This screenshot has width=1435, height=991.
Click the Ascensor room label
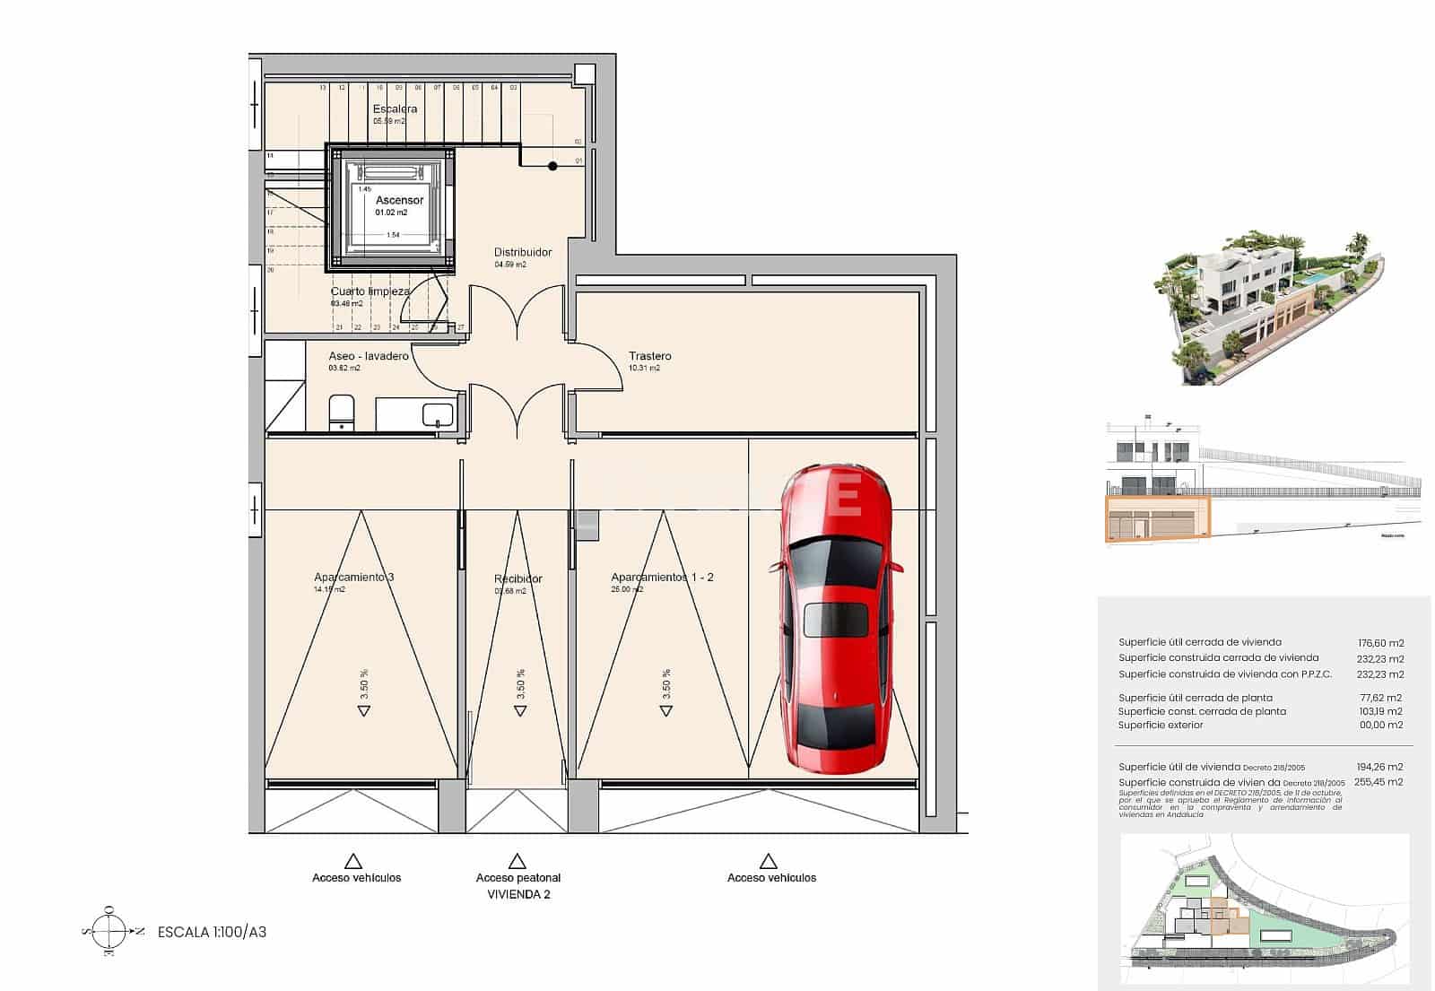click(x=399, y=200)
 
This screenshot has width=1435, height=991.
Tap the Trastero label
click(x=649, y=356)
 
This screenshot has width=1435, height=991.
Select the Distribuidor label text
click(x=523, y=252)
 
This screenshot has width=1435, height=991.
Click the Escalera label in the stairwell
click(x=395, y=109)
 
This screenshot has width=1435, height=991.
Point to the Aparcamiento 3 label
click(x=353, y=578)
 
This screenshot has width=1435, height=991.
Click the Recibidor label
click(x=518, y=579)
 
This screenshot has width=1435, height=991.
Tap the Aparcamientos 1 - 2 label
click(x=662, y=578)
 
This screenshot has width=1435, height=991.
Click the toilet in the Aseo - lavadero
click(x=342, y=412)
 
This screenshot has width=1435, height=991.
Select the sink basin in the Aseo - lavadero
click(x=438, y=415)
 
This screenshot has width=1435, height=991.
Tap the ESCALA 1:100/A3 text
click(x=212, y=932)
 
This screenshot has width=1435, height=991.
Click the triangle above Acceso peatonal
click(x=517, y=862)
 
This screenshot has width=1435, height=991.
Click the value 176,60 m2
click(x=1380, y=643)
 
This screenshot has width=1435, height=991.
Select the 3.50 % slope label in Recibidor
click(x=521, y=683)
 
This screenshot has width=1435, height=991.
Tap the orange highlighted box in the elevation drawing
click(x=1157, y=519)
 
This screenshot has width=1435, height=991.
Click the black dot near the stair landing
click(x=552, y=166)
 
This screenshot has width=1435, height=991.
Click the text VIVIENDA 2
click(x=518, y=894)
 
